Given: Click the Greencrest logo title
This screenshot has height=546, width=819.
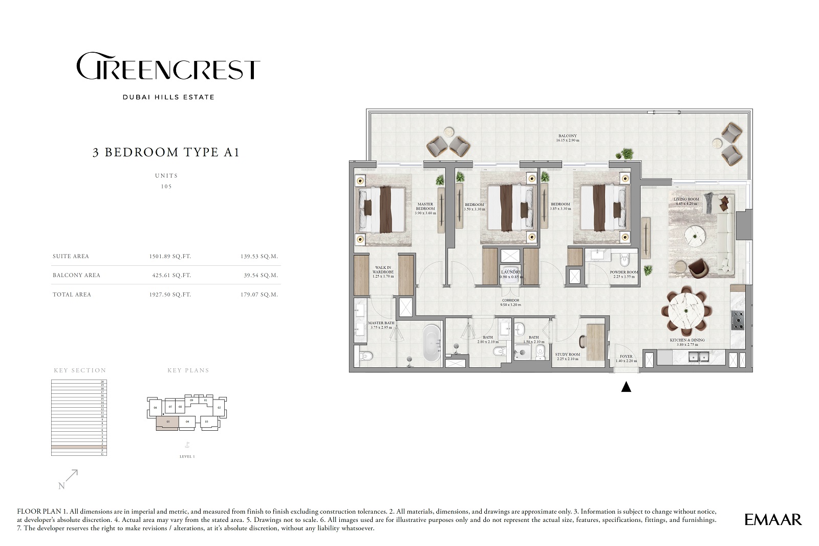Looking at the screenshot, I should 168,67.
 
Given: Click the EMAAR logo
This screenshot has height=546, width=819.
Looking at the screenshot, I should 773,519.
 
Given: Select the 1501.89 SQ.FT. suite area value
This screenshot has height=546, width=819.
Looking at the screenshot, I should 170,256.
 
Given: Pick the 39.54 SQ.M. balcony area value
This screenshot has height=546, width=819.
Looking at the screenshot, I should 261,275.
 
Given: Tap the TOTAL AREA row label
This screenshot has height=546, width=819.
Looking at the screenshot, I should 72,295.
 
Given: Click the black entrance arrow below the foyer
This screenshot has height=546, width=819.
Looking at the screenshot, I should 626,387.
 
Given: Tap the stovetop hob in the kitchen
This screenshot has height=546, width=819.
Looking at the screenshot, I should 738,320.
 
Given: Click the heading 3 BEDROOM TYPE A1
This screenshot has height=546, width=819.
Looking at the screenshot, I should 166,152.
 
